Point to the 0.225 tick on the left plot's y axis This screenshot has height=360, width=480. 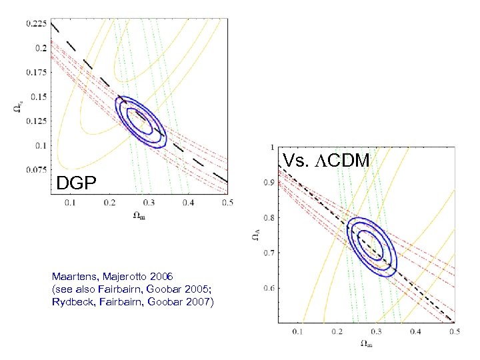(36, 23)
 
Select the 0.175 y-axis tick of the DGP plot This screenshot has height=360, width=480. (36, 72)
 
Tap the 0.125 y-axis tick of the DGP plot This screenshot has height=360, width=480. (36, 121)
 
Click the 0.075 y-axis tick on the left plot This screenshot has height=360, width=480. (36, 169)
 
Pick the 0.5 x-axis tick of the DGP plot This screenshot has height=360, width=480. (227, 201)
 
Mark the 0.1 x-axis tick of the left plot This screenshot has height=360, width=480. (69, 201)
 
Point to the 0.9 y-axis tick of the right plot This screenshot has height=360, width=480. (269, 182)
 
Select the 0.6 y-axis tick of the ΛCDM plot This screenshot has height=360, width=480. (269, 289)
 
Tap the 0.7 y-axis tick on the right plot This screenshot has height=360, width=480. (269, 253)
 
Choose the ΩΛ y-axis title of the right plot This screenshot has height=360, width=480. (256, 235)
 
